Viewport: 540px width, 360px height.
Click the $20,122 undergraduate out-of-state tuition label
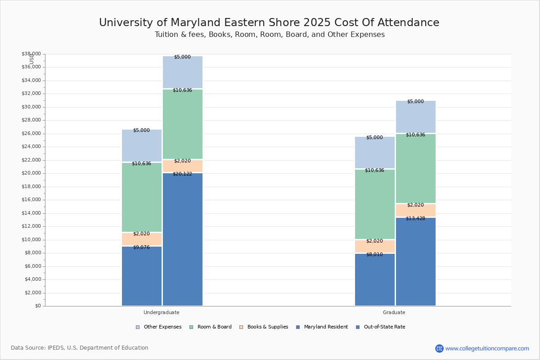tap(182, 174)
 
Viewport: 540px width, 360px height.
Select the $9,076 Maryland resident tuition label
tap(141, 247)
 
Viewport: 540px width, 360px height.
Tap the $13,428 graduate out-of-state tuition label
tap(415, 218)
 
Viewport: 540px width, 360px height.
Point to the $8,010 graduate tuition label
tap(374, 254)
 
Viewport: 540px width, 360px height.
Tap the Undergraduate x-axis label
tap(162, 312)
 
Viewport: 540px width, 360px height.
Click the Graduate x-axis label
tap(394, 312)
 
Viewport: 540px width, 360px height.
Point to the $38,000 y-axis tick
tap(31, 54)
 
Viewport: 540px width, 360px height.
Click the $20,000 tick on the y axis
tap(31, 173)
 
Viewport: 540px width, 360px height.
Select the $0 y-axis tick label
tap(37, 306)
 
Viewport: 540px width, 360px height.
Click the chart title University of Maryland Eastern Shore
tap(269, 22)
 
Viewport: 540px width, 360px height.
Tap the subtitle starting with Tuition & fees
tap(270, 35)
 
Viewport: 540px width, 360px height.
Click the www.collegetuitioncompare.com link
tap(487, 348)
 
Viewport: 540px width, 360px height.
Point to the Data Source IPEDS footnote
tap(80, 348)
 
